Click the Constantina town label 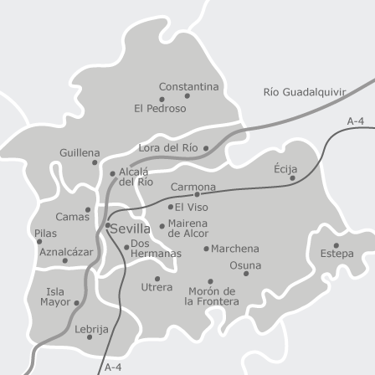click(188, 86)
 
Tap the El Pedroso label click(160, 108)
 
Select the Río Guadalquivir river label click(304, 91)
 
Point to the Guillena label click(80, 153)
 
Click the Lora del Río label click(168, 147)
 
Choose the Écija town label click(285, 168)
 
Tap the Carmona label click(193, 187)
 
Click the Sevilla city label click(131, 228)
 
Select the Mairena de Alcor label click(187, 228)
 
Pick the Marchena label click(235, 249)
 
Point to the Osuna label click(245, 265)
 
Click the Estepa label click(336, 253)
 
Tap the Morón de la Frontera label click(211, 296)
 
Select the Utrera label click(157, 287)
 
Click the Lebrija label click(91, 330)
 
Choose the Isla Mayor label click(55, 297)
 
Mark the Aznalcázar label click(66, 251)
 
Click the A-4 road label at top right click(356, 121)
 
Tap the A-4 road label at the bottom click(114, 367)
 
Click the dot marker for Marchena click(206, 249)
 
